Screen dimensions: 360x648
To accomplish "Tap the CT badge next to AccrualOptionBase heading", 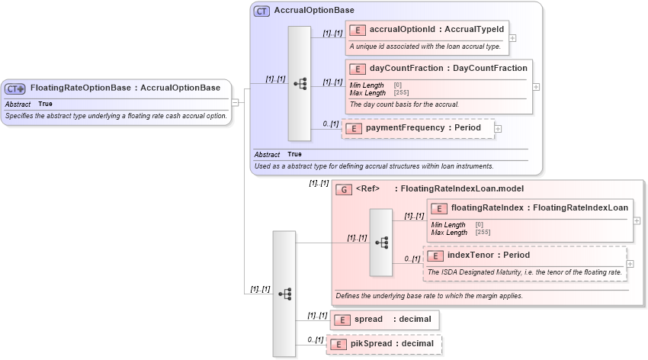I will [x=261, y=11].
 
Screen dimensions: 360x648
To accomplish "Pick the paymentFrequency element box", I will [x=418, y=128].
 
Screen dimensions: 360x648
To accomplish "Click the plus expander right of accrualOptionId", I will [x=513, y=37].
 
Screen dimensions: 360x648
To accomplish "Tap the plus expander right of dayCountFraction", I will [x=537, y=87].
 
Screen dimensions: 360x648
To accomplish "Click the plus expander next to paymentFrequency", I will [x=499, y=128].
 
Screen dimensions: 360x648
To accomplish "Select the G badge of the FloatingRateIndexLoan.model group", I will [x=344, y=189].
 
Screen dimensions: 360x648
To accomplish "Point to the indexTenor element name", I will [x=488, y=255].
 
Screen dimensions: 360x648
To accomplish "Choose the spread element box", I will [x=385, y=319].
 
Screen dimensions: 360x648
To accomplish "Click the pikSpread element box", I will [x=384, y=344].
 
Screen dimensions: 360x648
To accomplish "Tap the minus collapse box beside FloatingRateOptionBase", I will [x=236, y=102].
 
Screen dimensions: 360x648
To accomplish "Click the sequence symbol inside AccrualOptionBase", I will [x=300, y=84].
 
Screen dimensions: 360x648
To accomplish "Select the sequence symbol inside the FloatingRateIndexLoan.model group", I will [x=381, y=243].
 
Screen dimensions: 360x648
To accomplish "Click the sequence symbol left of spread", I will [x=284, y=294].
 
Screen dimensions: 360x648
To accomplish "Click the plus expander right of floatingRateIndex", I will [x=637, y=220].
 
